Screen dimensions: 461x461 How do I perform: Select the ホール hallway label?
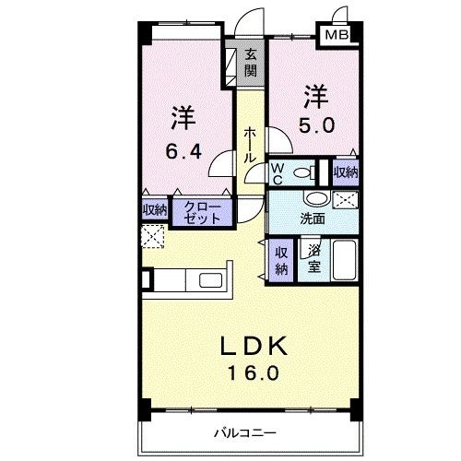point(250,145)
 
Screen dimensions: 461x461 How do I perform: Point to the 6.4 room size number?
point(183,151)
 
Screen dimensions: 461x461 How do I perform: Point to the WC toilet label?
point(277,172)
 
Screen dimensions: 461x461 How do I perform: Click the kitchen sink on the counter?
point(207,281)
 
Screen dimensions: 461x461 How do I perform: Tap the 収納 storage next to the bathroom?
point(282,260)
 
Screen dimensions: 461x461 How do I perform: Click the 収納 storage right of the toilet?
point(345,172)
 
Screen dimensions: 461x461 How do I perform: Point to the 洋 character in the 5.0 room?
point(316,96)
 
